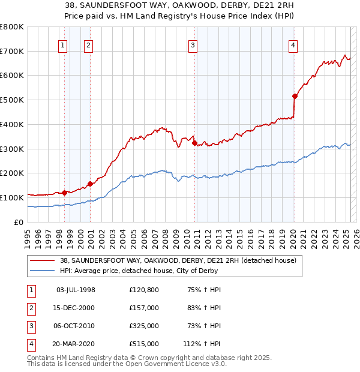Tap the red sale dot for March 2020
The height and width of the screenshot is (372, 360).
tap(295, 96)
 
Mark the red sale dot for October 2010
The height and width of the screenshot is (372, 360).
tap(194, 143)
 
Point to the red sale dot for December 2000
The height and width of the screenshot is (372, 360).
tap(90, 184)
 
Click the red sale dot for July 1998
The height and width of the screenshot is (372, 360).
tap(64, 193)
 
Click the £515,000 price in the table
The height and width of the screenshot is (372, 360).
tap(144, 344)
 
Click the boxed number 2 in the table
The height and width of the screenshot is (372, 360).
tap(30, 308)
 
